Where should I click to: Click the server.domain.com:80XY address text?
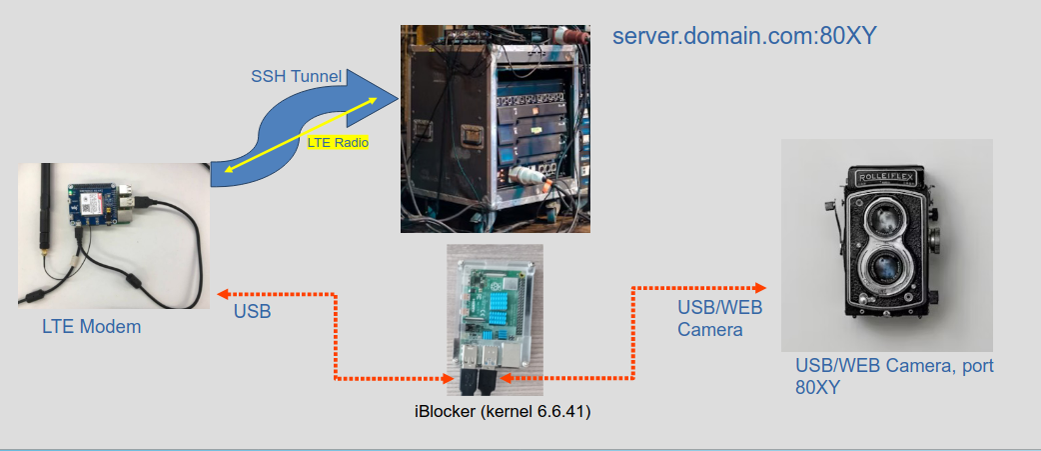[x=744, y=38]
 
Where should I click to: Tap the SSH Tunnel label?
[x=296, y=76]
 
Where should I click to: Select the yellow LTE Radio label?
[x=338, y=143]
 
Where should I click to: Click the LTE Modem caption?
[x=91, y=326]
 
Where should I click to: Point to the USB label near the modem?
[x=253, y=312]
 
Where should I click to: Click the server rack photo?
[x=496, y=130]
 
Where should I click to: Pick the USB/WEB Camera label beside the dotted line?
[x=710, y=317]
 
